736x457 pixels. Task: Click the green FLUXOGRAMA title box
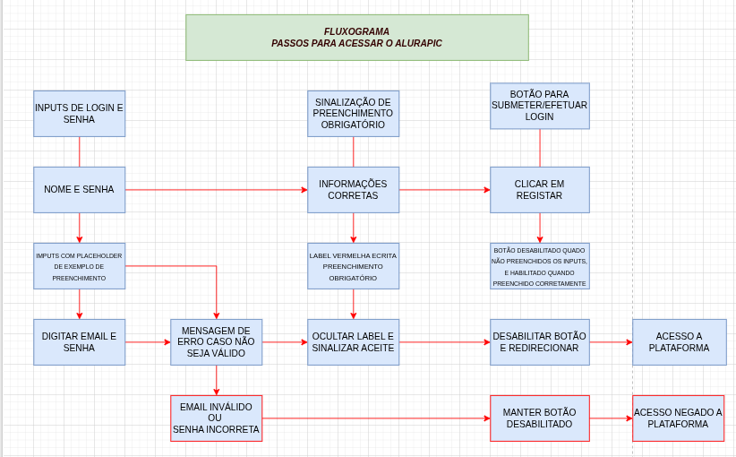tap(356, 38)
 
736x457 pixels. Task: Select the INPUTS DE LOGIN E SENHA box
tap(79, 114)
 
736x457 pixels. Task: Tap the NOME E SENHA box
tap(79, 190)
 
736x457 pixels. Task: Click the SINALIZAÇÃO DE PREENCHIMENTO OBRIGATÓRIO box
tap(353, 114)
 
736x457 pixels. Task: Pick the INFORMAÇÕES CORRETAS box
tap(353, 190)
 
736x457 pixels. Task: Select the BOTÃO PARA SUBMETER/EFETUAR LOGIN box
tap(539, 106)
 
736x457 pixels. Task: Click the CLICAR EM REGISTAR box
tap(539, 190)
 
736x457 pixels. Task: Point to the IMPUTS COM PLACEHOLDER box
tap(79, 266)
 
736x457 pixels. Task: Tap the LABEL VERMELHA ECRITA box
tap(353, 266)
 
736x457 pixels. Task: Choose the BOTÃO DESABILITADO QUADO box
tap(539, 266)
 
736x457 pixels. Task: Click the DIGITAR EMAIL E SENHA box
tap(79, 342)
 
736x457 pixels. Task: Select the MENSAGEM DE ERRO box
tap(216, 342)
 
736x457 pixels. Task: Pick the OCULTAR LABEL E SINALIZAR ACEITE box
tap(353, 342)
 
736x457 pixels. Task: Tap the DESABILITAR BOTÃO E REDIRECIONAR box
tap(539, 342)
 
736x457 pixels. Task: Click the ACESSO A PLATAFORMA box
tap(679, 342)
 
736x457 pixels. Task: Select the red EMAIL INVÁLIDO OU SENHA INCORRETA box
tap(216, 418)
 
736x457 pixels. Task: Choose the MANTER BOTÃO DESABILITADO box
tap(539, 418)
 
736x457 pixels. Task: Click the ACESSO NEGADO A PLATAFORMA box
tap(678, 418)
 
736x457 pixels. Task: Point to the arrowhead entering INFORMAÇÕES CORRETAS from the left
tap(304, 190)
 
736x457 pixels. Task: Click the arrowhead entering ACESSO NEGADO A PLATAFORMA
tap(629, 418)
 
